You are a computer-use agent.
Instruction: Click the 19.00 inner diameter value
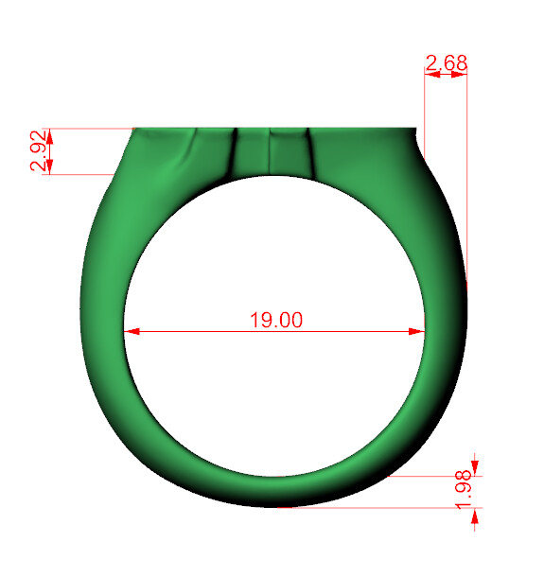point(275,320)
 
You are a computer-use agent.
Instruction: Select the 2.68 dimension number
point(446,63)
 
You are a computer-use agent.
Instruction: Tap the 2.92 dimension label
point(37,151)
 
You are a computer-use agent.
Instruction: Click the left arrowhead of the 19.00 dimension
point(132,331)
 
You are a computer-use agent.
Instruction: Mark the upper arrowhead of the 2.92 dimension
point(49,134)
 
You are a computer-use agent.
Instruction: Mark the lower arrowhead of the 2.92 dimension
point(49,167)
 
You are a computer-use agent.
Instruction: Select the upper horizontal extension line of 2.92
point(85,128)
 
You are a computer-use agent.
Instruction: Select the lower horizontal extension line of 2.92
point(80,174)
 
